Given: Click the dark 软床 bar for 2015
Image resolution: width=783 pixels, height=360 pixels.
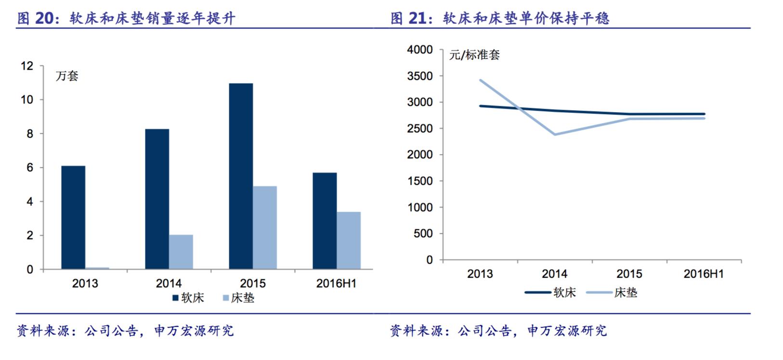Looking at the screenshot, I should pyautogui.click(x=241, y=176).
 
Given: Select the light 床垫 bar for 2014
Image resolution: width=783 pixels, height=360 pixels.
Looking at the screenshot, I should pyautogui.click(x=181, y=252).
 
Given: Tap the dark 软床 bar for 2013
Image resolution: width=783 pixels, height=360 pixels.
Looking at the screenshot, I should pyautogui.click(x=73, y=218).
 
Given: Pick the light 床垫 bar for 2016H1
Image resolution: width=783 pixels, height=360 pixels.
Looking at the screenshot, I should pyautogui.click(x=349, y=240).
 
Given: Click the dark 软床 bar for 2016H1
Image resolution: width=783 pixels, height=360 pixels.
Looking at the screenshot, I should pyautogui.click(x=325, y=221).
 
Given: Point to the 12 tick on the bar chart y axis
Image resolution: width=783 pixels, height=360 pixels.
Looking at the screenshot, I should pyautogui.click(x=27, y=66).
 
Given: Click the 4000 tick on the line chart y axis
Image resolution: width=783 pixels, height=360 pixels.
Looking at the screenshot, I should pyautogui.click(x=419, y=50).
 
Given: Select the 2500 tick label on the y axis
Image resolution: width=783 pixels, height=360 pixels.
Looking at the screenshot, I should pyautogui.click(x=419, y=129).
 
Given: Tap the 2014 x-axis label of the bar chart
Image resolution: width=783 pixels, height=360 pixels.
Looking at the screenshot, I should pyautogui.click(x=169, y=283).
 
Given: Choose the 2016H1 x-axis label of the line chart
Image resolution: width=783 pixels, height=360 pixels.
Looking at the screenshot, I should pyautogui.click(x=704, y=274).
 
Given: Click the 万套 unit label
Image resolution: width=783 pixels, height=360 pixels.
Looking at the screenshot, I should pyautogui.click(x=67, y=76).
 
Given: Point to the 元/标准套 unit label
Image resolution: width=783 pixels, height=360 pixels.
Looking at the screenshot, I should pyautogui.click(x=474, y=55).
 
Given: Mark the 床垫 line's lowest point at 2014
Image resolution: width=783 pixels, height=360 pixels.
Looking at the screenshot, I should pyautogui.click(x=555, y=134).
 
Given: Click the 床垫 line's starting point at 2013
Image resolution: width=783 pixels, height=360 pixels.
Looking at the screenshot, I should pyautogui.click(x=481, y=80).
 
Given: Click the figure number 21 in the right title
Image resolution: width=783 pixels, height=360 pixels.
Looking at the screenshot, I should pyautogui.click(x=418, y=18).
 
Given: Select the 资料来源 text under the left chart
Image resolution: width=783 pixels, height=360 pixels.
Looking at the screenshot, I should pyautogui.click(x=43, y=331).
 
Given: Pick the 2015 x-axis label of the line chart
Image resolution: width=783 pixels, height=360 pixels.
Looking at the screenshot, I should pyautogui.click(x=629, y=274).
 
